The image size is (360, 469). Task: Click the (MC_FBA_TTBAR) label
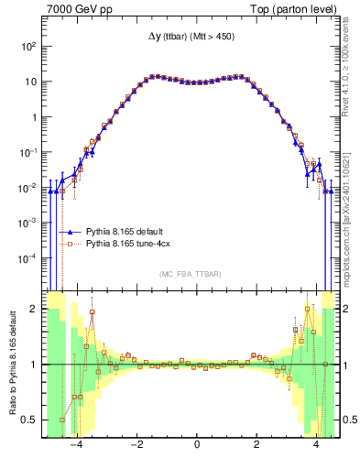(x=197, y=274)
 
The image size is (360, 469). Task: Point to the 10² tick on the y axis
(x=28, y=46)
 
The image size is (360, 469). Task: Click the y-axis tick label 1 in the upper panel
(x=34, y=117)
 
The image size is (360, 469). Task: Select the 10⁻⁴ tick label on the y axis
(x=27, y=259)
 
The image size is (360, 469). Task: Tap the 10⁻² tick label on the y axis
(x=27, y=188)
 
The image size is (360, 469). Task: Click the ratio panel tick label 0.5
(x=29, y=420)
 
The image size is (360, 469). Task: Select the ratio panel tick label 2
(x=34, y=309)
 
